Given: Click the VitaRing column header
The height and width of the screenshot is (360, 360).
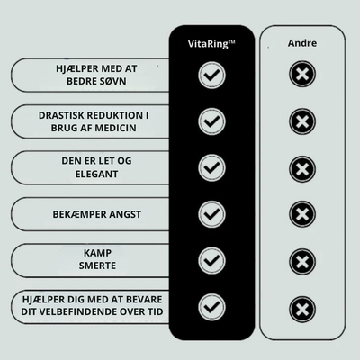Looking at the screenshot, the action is pos(211,44).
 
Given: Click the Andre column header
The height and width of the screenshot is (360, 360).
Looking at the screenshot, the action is pos(302,43).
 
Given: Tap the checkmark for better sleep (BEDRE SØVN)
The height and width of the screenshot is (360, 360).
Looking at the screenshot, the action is pos(211,75).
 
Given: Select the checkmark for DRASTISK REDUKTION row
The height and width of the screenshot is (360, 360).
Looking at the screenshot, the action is pos(211,121).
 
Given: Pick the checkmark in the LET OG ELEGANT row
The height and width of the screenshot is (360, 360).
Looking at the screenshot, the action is pos(211,167).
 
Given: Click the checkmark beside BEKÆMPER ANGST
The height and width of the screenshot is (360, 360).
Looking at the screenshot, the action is pos(211,214).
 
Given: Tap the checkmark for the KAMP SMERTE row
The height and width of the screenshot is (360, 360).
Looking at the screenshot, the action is pos(211,260).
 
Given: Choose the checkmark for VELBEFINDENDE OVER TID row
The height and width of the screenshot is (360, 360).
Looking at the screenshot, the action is pos(211,307).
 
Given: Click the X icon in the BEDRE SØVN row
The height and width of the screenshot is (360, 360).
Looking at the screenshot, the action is pos(302,74).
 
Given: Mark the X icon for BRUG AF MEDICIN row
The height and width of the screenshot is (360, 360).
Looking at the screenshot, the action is pos(302,121).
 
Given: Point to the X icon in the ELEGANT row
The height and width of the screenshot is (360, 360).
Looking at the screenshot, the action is pos(302,169).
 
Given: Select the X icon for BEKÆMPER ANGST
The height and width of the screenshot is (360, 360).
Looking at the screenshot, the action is pos(302,214).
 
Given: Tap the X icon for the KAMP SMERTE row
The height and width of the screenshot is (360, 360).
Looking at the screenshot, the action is pos(302,262).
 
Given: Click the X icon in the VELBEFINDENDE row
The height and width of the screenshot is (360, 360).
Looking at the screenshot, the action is pos(302,310).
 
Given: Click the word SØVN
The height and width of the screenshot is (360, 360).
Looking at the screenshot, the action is pos(112,81).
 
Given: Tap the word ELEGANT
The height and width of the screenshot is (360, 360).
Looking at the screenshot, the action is pos(96,174).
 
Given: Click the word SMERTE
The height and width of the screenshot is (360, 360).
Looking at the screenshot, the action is pos(97,265).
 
